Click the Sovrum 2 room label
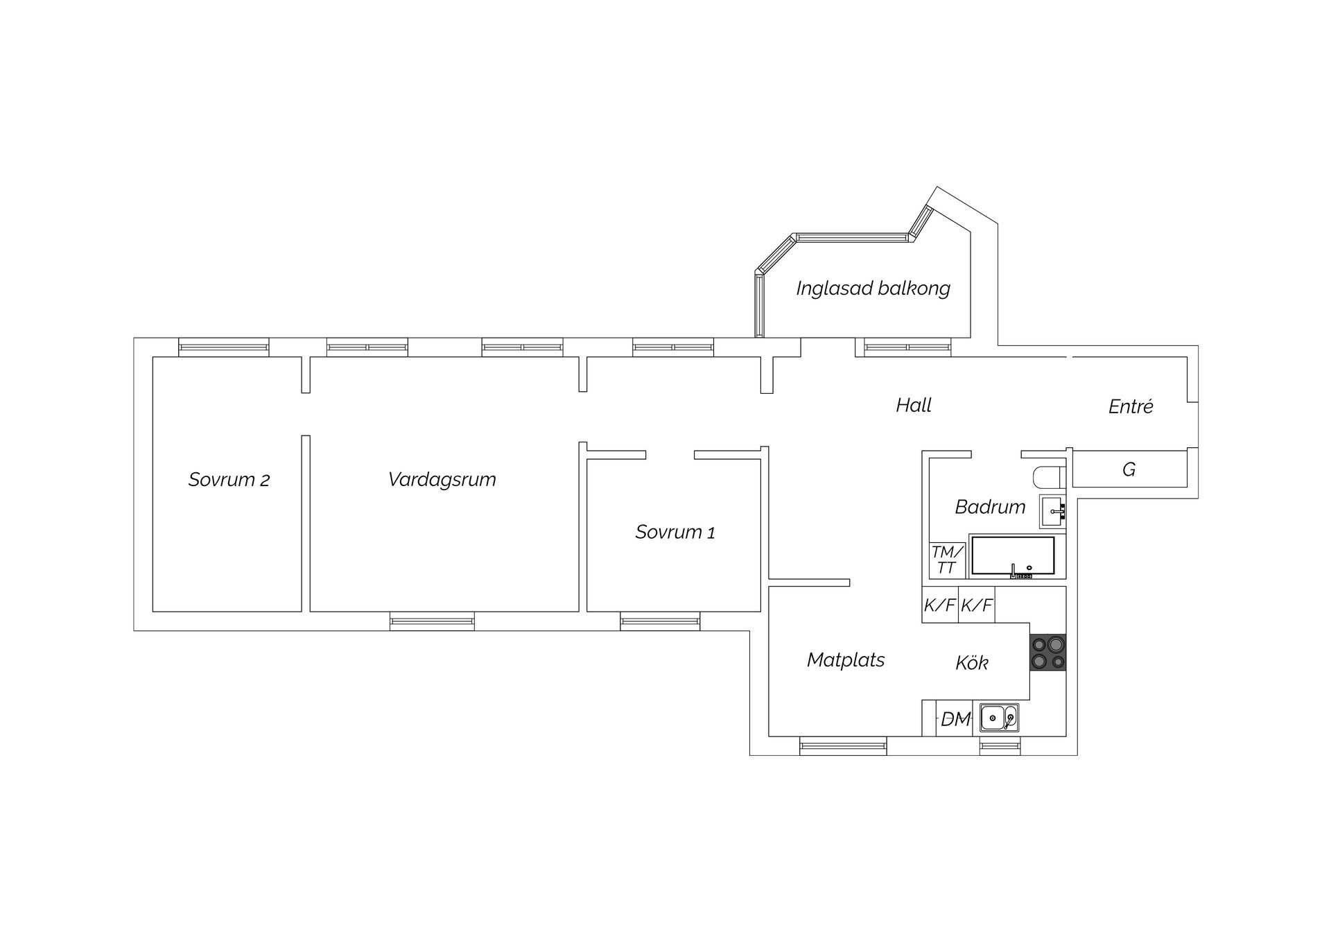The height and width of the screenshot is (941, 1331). click(229, 479)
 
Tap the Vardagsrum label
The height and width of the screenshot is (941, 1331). click(442, 479)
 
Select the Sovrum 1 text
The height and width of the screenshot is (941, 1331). click(675, 532)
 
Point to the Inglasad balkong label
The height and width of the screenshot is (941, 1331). click(873, 288)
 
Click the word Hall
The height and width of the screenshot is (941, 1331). click(914, 405)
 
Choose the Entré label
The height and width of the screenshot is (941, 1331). click(1131, 406)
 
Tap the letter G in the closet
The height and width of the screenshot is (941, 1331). click(1129, 469)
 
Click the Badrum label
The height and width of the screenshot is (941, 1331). click(990, 507)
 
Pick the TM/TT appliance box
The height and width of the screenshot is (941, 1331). click(947, 560)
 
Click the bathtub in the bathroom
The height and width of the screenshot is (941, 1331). click(1013, 556)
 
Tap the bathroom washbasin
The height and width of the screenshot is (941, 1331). click(1052, 512)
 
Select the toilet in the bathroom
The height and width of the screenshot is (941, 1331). click(1048, 477)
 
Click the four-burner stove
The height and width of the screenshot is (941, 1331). click(1047, 653)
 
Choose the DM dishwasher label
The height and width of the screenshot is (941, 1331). click(956, 719)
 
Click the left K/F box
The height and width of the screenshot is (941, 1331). click(940, 605)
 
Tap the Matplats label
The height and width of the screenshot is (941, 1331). click(846, 660)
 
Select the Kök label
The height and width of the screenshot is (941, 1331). click(972, 663)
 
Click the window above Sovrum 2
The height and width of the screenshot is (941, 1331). click(224, 347)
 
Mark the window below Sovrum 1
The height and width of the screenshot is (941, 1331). click(660, 621)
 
